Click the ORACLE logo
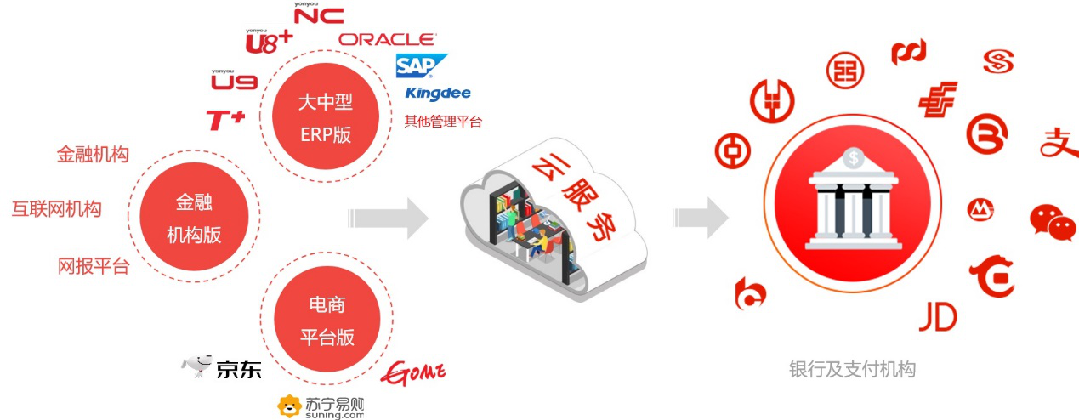388,39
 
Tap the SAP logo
419,65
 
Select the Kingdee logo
438,93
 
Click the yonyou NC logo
317,13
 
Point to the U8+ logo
268,41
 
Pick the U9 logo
234,81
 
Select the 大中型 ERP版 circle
325,118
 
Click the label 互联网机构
56,208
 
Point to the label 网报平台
93,266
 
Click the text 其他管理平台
443,122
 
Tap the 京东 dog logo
197,366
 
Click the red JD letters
938,318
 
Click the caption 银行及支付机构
852,369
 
